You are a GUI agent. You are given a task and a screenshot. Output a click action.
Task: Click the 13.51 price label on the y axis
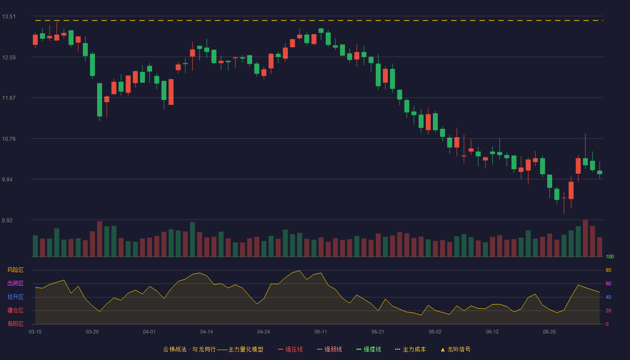pyautogui.click(x=9, y=17)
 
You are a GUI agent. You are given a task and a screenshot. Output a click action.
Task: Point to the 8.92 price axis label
pyautogui.click(x=7, y=220)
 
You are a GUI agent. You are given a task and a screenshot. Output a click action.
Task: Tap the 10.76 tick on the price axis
pyautogui.click(x=9, y=139)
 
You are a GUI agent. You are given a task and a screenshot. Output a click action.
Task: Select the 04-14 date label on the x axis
pyautogui.click(x=207, y=332)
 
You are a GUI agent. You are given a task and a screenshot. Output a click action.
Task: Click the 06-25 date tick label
pyautogui.click(x=549, y=332)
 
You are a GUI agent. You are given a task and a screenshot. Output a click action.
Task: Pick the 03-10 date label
pyautogui.click(x=35, y=332)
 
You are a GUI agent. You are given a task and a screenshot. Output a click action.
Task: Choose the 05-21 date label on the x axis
pyautogui.click(x=378, y=332)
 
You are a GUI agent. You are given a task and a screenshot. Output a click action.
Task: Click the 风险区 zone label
pyautogui.click(x=15, y=270)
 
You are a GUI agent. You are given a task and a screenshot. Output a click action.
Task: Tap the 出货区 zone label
pyautogui.click(x=15, y=283)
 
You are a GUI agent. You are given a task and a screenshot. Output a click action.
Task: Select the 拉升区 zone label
pyautogui.click(x=15, y=297)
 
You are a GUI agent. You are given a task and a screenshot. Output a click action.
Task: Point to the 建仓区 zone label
pyautogui.click(x=15, y=310)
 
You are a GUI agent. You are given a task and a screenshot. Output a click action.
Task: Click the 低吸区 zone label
pyautogui.click(x=15, y=324)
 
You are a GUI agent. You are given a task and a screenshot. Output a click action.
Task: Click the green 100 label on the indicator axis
pyautogui.click(x=610, y=256)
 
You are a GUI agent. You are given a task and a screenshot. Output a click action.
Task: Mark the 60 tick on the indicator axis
pyautogui.click(x=608, y=283)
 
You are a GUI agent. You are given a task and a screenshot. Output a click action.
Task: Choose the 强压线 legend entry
pyautogui.click(x=290, y=349)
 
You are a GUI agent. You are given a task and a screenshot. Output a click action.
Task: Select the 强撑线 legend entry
pyautogui.click(x=369, y=349)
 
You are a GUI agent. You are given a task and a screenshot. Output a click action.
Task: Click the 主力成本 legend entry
pyautogui.click(x=410, y=349)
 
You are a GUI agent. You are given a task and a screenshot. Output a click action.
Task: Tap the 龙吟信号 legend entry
pyautogui.click(x=455, y=349)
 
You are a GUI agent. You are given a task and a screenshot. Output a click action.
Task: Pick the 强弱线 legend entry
pyautogui.click(x=329, y=349)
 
